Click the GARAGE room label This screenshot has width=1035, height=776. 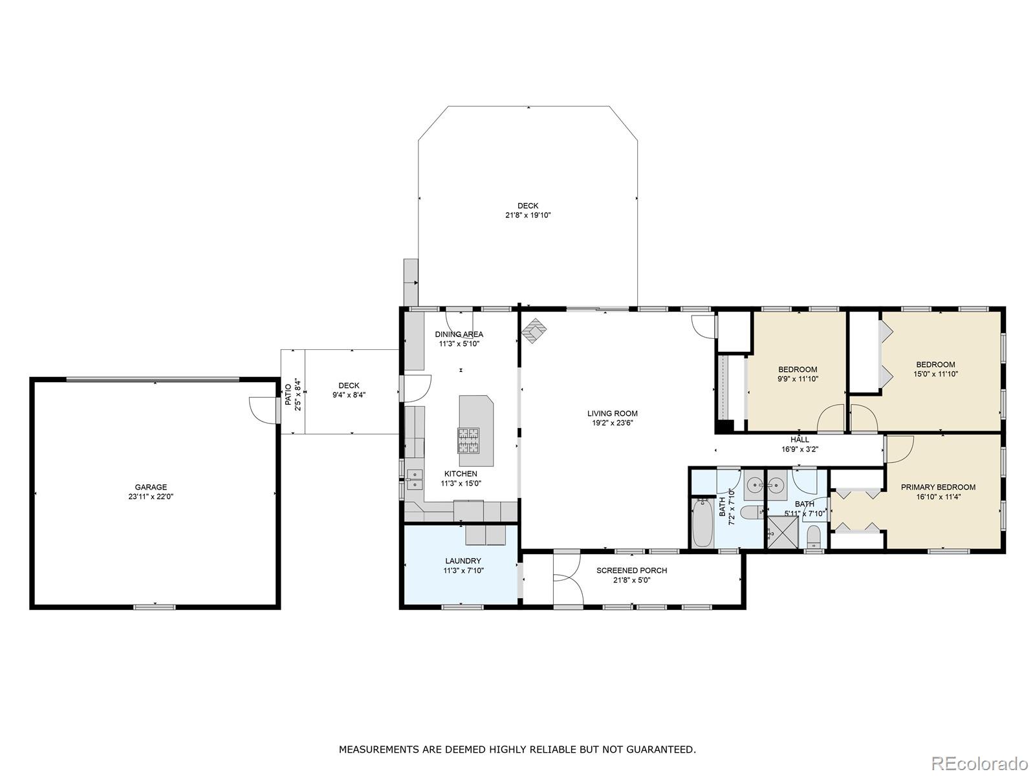151,487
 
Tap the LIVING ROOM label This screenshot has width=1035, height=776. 612,414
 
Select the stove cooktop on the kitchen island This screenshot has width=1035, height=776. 468,440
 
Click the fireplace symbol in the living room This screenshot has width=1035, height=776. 534,330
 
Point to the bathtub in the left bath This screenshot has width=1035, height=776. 703,523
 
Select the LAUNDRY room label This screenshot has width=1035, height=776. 463,561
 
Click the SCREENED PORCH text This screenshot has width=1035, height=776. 631,570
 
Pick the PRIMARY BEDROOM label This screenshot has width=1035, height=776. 938,487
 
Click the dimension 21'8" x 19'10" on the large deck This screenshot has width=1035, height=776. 528,215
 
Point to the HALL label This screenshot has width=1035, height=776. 800,440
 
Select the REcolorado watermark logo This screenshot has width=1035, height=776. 984,762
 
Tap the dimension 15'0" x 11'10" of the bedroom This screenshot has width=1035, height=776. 935,374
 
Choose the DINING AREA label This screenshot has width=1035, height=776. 459,334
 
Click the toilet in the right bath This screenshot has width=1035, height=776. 813,537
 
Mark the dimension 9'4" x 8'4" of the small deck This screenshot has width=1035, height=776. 349,395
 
